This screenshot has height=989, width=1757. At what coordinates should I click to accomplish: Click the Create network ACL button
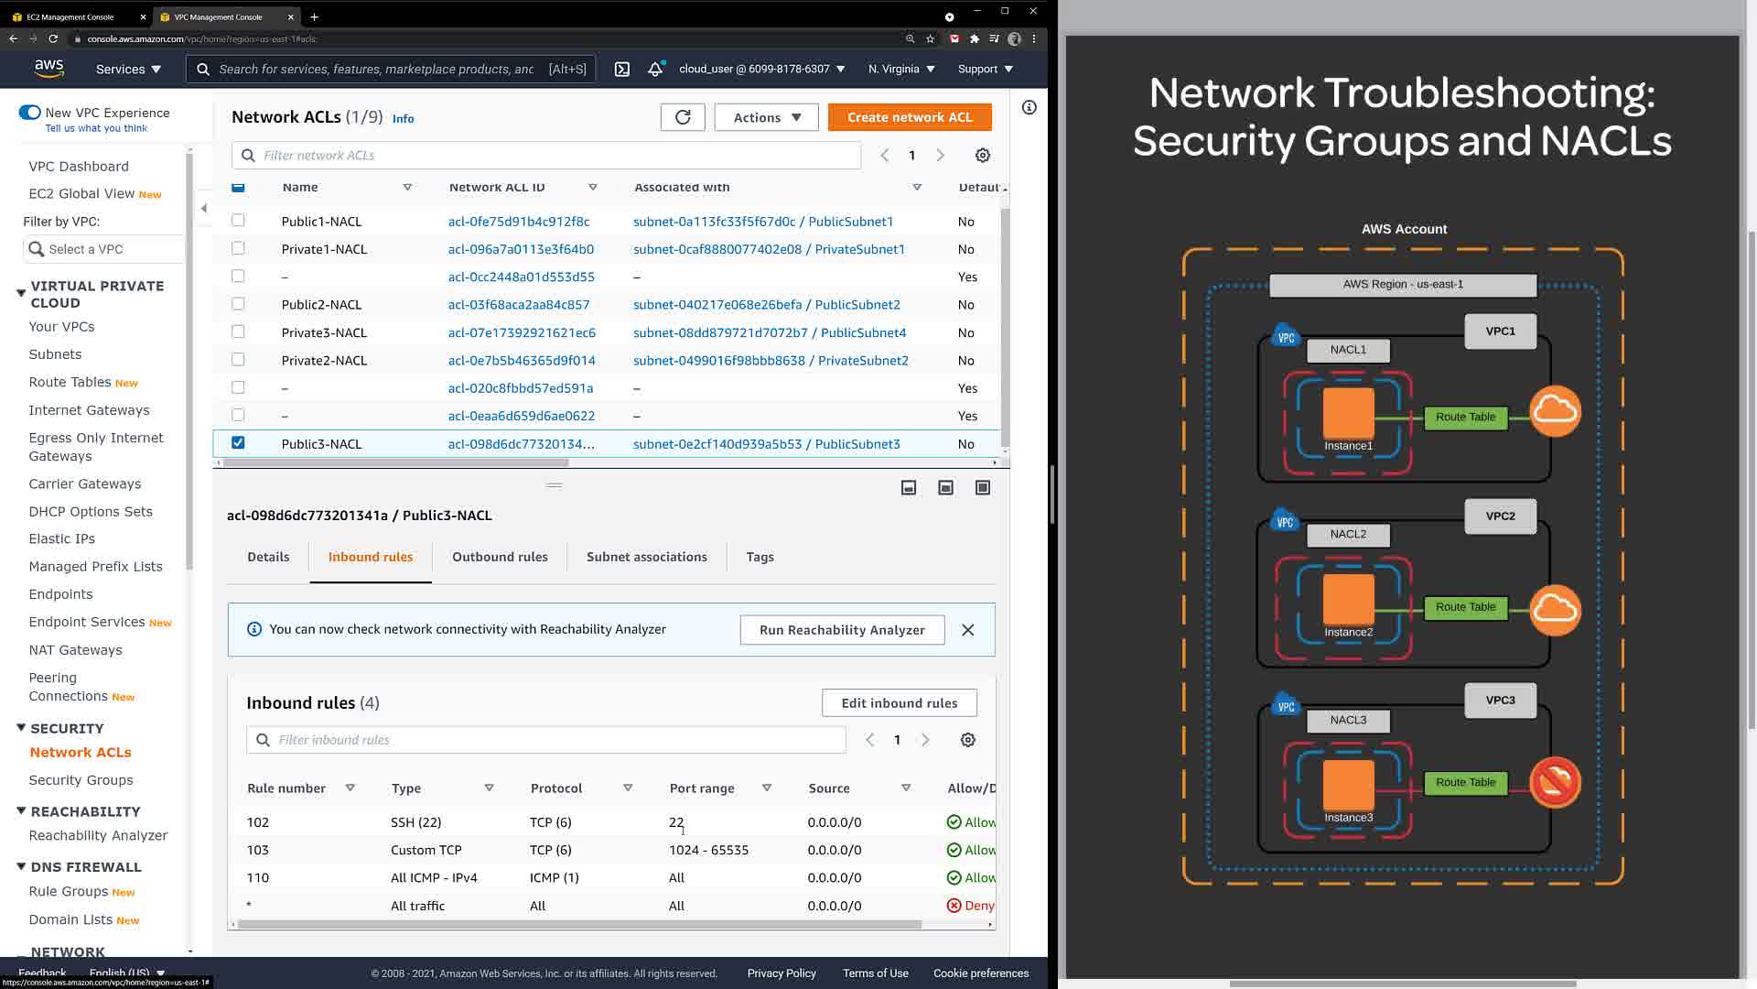tap(909, 117)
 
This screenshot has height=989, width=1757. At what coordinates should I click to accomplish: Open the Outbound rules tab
tap(500, 557)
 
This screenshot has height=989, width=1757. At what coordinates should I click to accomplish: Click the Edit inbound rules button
tap(899, 703)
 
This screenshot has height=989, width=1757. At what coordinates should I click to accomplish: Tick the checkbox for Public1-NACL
tap(238, 221)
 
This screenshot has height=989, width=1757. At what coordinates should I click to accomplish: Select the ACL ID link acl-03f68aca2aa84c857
tap(519, 305)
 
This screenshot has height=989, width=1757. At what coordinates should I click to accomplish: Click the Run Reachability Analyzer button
tap(842, 630)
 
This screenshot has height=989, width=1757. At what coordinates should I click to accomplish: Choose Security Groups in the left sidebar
tap(81, 780)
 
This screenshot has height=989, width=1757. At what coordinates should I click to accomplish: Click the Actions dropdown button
tap(766, 117)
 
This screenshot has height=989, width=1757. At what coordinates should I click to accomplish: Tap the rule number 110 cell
tap(258, 878)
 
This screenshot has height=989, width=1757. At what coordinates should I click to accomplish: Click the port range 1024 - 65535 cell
tap(708, 851)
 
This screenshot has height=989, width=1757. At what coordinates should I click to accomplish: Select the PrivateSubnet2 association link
tap(771, 361)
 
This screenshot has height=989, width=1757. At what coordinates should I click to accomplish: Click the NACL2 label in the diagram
tap(1348, 534)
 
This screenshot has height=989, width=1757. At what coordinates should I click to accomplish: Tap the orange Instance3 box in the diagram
tap(1348, 784)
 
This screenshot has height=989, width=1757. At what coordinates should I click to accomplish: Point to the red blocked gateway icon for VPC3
tap(1555, 782)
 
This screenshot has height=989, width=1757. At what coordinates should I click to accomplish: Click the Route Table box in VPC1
tap(1465, 418)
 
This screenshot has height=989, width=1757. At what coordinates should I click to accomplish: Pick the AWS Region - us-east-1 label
tap(1402, 285)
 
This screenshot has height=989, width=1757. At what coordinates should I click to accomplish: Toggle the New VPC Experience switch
tap(29, 113)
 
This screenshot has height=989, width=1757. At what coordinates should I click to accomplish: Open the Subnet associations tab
tap(646, 557)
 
